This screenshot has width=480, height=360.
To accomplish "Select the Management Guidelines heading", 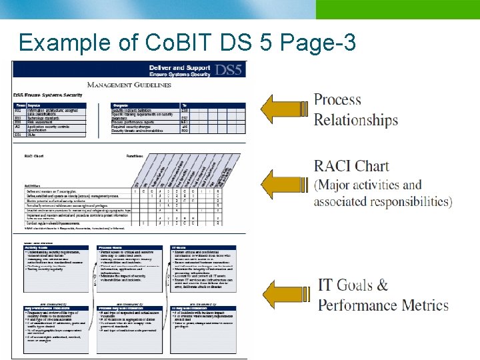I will tap(129, 85).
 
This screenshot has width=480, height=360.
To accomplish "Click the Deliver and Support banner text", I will tap(175, 67).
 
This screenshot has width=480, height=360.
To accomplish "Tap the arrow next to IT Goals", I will tap(285, 294).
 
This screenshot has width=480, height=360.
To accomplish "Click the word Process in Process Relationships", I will tap(337, 100).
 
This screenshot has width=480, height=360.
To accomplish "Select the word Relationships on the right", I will tap(356, 121).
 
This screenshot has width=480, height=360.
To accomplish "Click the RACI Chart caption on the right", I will tap(351, 165).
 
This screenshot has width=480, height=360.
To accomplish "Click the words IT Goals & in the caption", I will tap(353, 285).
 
